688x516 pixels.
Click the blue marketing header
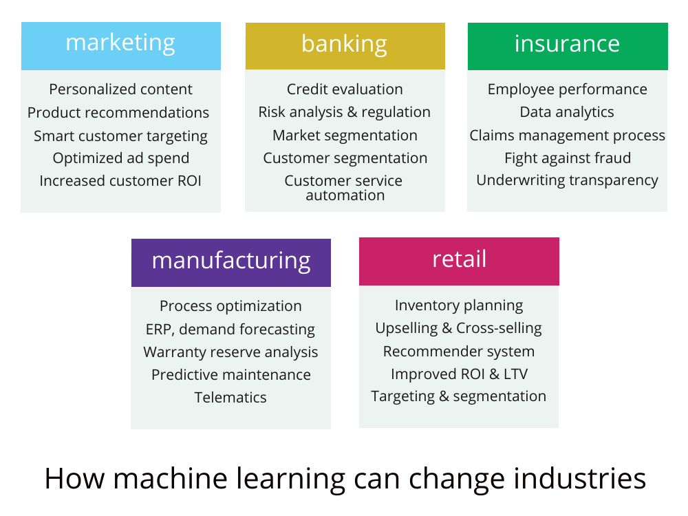pyautogui.click(x=120, y=46)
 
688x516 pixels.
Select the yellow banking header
pyautogui.click(x=345, y=46)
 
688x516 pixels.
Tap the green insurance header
pyautogui.click(x=568, y=46)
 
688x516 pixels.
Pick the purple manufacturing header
pyautogui.click(x=230, y=262)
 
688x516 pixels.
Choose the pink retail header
pyautogui.click(x=459, y=261)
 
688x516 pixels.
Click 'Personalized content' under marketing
pyautogui.click(x=120, y=89)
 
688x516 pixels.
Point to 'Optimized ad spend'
pyautogui.click(x=120, y=158)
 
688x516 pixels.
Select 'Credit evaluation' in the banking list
pyautogui.click(x=345, y=89)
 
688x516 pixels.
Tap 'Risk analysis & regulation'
pyautogui.click(x=345, y=112)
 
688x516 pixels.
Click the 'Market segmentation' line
pyautogui.click(x=345, y=136)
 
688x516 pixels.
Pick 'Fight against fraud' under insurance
pyautogui.click(x=568, y=158)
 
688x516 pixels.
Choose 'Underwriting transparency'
pyautogui.click(x=568, y=181)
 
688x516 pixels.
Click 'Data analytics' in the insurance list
pyautogui.click(x=567, y=112)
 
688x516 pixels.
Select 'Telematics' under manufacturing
pyautogui.click(x=230, y=397)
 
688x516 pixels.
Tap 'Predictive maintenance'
pyautogui.click(x=230, y=375)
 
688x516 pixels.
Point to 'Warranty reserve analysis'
pyautogui.click(x=230, y=352)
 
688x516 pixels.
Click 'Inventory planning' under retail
pyautogui.click(x=459, y=305)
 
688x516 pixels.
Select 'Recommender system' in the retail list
pyautogui.click(x=459, y=352)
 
